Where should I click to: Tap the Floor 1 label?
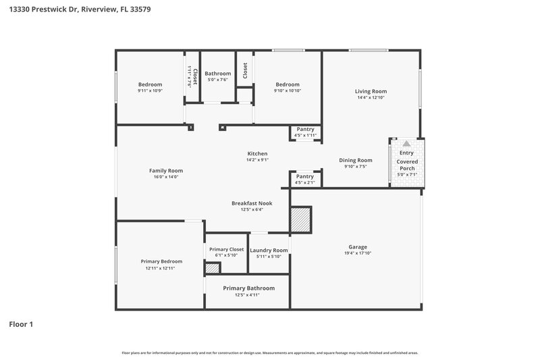(x=21, y=324)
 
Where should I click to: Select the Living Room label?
(x=371, y=91)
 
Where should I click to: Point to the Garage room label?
(x=358, y=247)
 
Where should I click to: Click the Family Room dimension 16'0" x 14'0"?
(x=166, y=176)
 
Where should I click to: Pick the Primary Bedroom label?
(x=161, y=261)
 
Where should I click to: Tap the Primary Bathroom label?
(x=247, y=288)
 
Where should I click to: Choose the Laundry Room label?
(x=269, y=250)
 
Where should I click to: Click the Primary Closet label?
(x=226, y=249)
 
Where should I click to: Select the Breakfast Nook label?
(x=247, y=203)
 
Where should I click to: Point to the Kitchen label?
(x=257, y=154)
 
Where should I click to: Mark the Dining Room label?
(x=355, y=160)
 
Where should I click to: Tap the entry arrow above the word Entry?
(x=406, y=144)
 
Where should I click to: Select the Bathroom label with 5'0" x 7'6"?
(x=218, y=73)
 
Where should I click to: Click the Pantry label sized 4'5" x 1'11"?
(x=305, y=129)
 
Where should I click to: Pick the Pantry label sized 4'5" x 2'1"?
(x=305, y=176)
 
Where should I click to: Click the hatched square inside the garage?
(x=300, y=220)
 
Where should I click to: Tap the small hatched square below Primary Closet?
(x=212, y=269)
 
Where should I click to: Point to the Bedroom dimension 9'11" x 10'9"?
(x=151, y=91)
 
